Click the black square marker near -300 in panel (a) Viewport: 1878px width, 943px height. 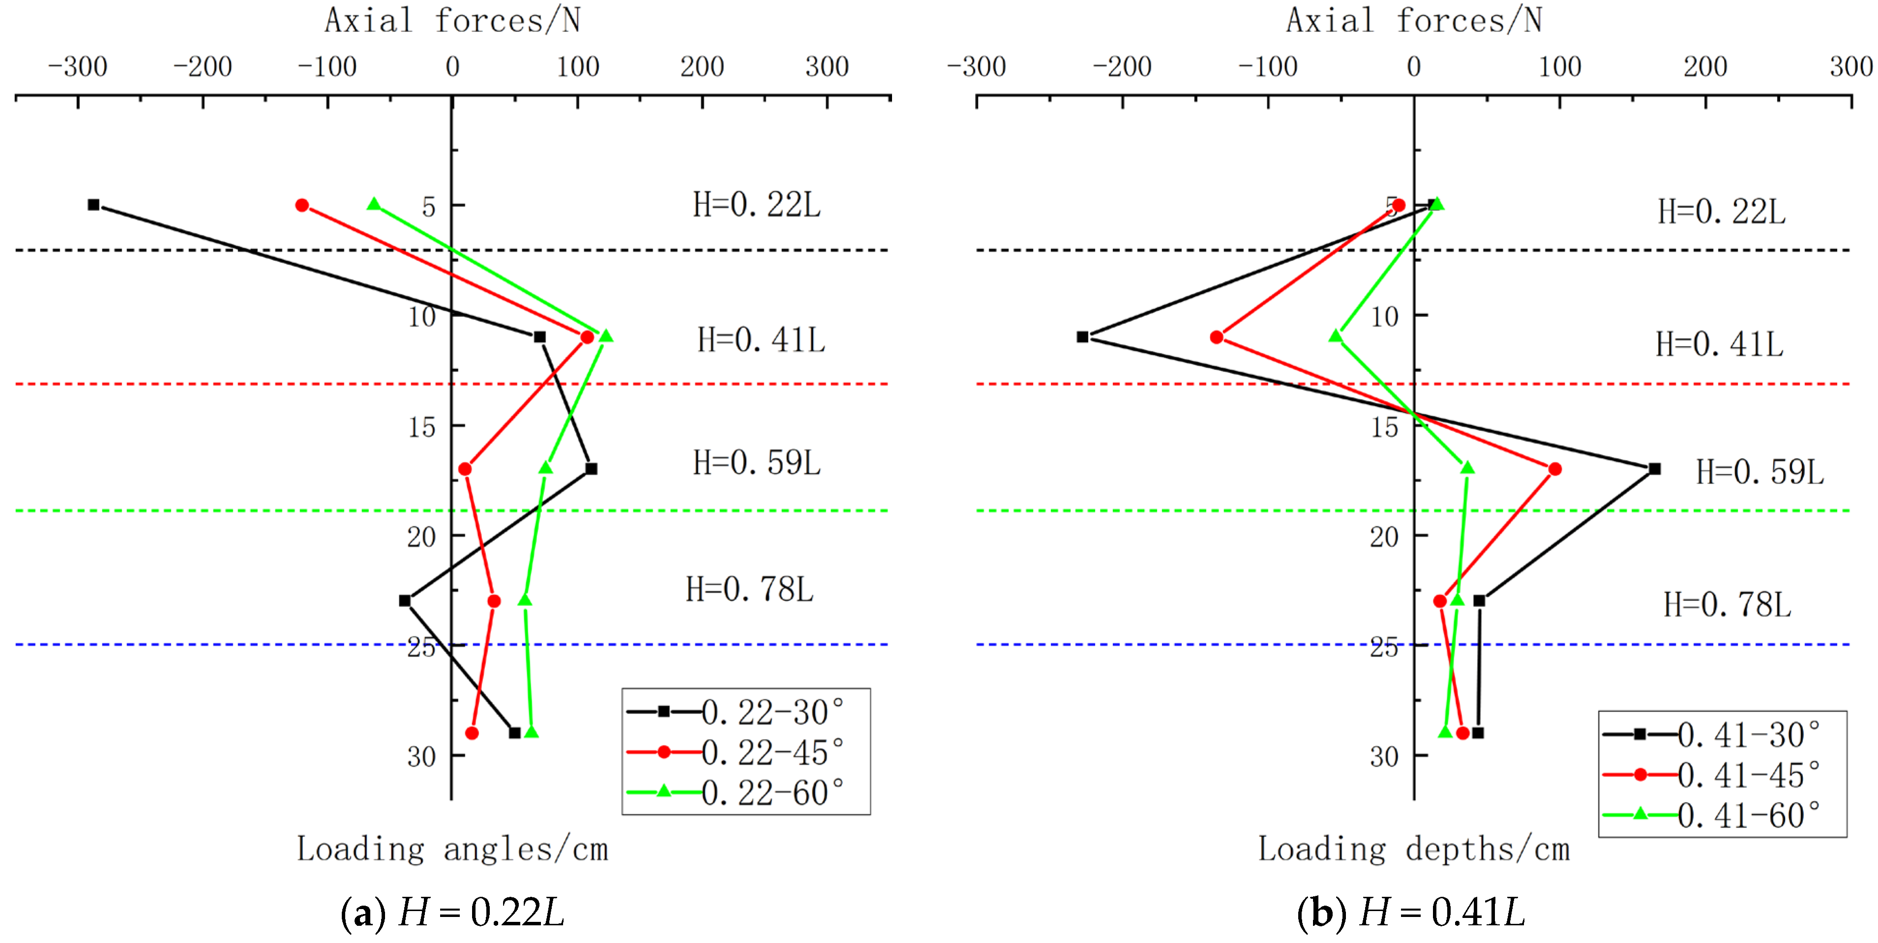pyautogui.click(x=93, y=205)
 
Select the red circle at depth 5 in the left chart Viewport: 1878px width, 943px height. pyautogui.click(x=302, y=205)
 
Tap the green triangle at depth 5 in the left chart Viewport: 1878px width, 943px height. pyautogui.click(x=374, y=204)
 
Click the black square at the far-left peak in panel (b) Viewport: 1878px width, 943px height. pyautogui.click(x=1083, y=337)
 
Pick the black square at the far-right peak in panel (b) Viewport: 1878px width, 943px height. pyautogui.click(x=1655, y=469)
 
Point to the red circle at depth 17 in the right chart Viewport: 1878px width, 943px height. pyautogui.click(x=1555, y=469)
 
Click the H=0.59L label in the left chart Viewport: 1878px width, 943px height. pyautogui.click(x=756, y=463)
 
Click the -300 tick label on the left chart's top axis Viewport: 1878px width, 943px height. pyautogui.click(x=77, y=67)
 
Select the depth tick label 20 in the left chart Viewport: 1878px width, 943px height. pyautogui.click(x=421, y=537)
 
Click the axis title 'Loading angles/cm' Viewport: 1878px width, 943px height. pyautogui.click(x=452, y=850)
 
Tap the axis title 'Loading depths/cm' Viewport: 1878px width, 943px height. pyautogui.click(x=1414, y=850)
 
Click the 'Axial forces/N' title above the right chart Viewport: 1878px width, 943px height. pyautogui.click(x=1414, y=21)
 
